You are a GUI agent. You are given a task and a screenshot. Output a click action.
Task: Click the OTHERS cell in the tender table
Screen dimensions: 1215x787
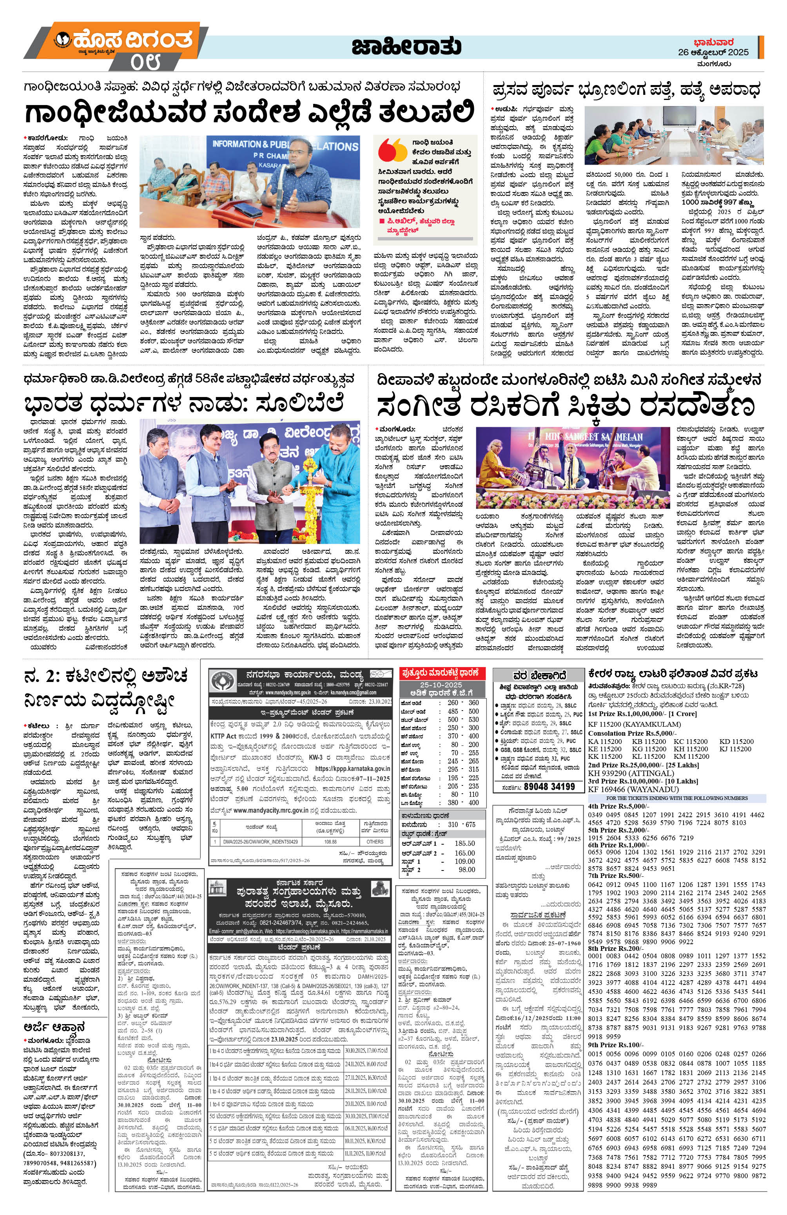[375, 841]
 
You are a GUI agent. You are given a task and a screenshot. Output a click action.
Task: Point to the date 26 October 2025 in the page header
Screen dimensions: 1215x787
[713, 52]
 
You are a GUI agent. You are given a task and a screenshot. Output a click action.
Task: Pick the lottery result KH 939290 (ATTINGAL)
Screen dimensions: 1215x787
[631, 773]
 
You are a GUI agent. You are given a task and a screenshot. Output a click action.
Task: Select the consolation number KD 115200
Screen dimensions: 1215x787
[736, 741]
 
